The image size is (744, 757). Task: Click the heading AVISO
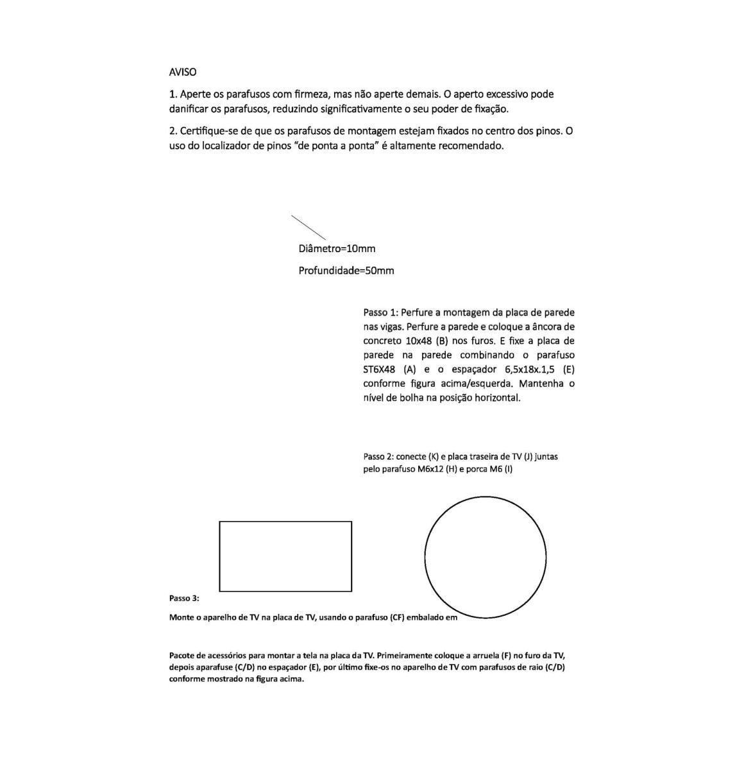183,72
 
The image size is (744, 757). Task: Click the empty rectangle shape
285,556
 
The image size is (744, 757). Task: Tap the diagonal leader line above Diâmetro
309,228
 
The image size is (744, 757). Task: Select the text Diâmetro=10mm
337,248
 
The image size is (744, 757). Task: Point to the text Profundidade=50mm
346,270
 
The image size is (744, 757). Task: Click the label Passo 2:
378,457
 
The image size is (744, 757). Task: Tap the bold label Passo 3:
184,598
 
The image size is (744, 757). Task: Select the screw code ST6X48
380,369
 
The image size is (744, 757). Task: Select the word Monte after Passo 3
182,618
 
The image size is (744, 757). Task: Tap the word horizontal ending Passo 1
495,398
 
